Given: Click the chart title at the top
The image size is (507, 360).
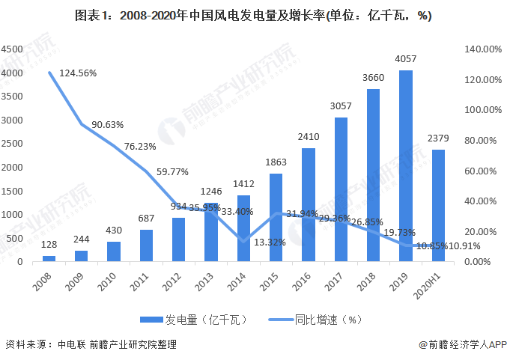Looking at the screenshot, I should tap(253, 15).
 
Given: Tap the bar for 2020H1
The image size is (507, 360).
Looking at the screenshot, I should tap(437, 205).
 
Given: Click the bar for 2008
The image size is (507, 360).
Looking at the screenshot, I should tap(49, 257).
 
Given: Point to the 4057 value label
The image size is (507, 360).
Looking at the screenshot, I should tap(405, 59).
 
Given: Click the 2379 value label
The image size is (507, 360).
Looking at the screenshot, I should tap(438, 138).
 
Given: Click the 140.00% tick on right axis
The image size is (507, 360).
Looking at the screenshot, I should tap(483, 49).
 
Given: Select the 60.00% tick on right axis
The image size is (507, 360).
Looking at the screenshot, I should tap(483, 171).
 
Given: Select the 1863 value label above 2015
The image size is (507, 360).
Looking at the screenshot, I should tap(276, 162).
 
